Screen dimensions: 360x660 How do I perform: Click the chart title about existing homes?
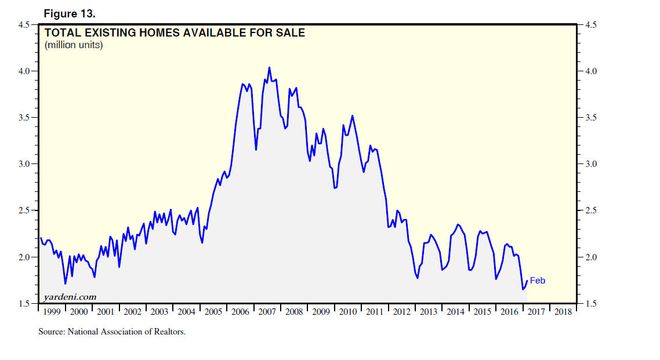(x=175, y=33)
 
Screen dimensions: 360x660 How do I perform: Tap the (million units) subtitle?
(x=74, y=45)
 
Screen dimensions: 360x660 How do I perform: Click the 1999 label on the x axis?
(x=52, y=312)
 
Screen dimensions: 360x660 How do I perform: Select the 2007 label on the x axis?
(x=267, y=312)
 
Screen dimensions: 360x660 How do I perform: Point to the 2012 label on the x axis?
(x=401, y=312)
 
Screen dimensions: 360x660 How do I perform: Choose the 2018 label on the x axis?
(x=562, y=312)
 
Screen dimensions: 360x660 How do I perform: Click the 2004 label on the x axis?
(x=186, y=312)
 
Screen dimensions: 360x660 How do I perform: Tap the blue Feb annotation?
(x=538, y=281)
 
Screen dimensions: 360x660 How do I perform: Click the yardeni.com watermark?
(x=70, y=297)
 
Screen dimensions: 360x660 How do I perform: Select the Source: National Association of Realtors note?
(x=112, y=332)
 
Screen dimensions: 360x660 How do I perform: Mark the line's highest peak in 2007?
(x=269, y=67)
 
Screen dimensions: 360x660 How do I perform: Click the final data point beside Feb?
(x=527, y=281)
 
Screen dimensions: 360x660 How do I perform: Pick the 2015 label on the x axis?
(x=482, y=312)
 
